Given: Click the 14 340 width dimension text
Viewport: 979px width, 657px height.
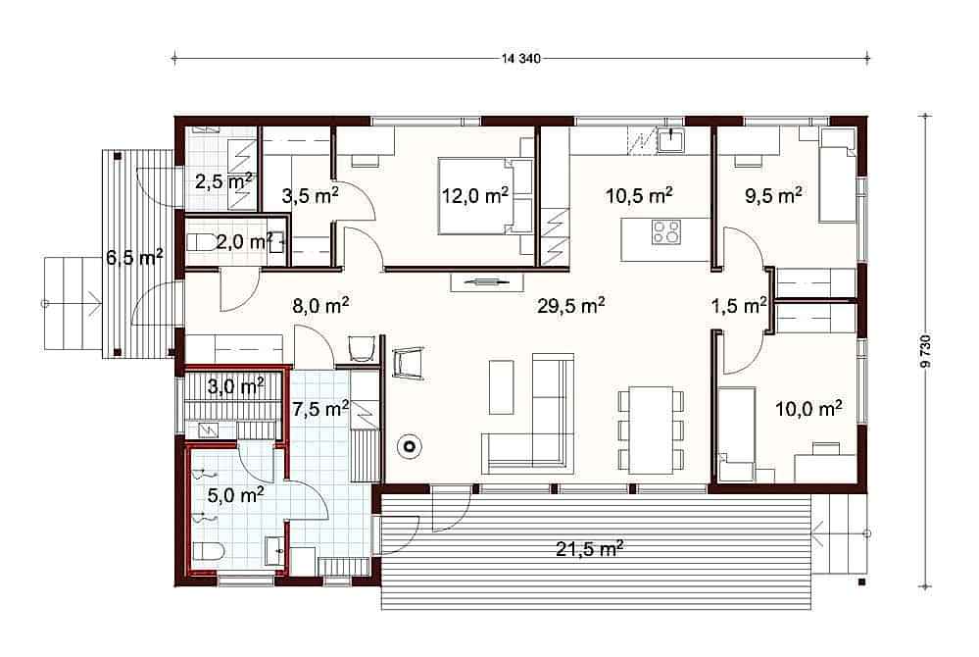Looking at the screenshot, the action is point(520,60).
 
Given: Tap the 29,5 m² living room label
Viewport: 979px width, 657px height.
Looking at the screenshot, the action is point(570,306).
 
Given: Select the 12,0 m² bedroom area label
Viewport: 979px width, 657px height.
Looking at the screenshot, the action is point(475,195).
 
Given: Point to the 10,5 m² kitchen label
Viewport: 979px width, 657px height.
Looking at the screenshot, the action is point(639,195).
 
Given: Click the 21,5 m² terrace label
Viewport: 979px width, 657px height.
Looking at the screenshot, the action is point(589,549).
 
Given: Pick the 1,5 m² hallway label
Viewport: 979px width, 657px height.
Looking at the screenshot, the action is point(739,306).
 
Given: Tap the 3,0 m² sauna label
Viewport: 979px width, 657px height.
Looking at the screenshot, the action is point(235,386).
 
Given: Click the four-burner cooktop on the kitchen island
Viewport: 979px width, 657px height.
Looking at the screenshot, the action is point(666,231).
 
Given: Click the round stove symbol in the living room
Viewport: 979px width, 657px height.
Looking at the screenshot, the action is point(411,447).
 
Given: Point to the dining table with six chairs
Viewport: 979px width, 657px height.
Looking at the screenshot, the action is point(651,430).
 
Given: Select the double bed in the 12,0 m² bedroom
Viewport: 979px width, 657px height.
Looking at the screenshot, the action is point(486,196).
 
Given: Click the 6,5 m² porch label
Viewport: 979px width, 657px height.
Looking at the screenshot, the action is point(135,257).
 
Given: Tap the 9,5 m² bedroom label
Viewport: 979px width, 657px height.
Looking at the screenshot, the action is point(773,195).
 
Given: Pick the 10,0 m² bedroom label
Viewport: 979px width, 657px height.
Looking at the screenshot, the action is point(808,409).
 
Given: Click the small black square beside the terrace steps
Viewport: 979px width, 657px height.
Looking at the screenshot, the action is point(861,582).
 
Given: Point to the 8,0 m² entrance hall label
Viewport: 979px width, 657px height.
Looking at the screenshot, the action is point(320,306).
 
